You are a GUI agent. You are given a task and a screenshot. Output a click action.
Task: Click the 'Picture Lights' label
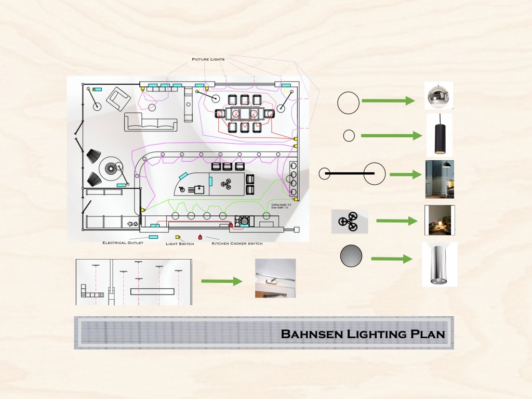[208, 60]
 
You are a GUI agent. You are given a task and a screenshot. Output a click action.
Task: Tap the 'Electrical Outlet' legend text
[123, 242]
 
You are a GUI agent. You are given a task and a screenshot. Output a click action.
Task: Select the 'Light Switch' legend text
[180, 243]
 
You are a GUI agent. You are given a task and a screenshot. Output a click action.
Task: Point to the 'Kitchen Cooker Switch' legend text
[237, 243]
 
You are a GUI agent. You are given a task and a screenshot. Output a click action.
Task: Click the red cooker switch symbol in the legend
[201, 237]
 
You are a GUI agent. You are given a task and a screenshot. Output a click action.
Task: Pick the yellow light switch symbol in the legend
[178, 237]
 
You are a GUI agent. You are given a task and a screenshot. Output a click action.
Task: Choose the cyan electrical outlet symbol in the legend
[153, 237]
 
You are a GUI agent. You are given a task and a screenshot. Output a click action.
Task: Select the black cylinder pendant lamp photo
[439, 135]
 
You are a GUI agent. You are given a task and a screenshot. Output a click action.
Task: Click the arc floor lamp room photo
[439, 178]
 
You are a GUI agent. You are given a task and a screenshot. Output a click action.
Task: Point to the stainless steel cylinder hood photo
[439, 264]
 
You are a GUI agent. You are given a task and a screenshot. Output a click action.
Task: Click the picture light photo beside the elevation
[275, 278]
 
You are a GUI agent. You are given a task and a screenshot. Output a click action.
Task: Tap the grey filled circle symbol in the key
[351, 256]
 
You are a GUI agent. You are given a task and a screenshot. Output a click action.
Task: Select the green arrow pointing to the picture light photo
[221, 281]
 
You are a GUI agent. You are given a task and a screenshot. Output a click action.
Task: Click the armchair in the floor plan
[118, 99]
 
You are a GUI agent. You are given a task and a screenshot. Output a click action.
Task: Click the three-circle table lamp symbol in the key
[349, 221]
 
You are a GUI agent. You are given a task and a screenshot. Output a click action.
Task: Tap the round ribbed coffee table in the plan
[110, 168]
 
